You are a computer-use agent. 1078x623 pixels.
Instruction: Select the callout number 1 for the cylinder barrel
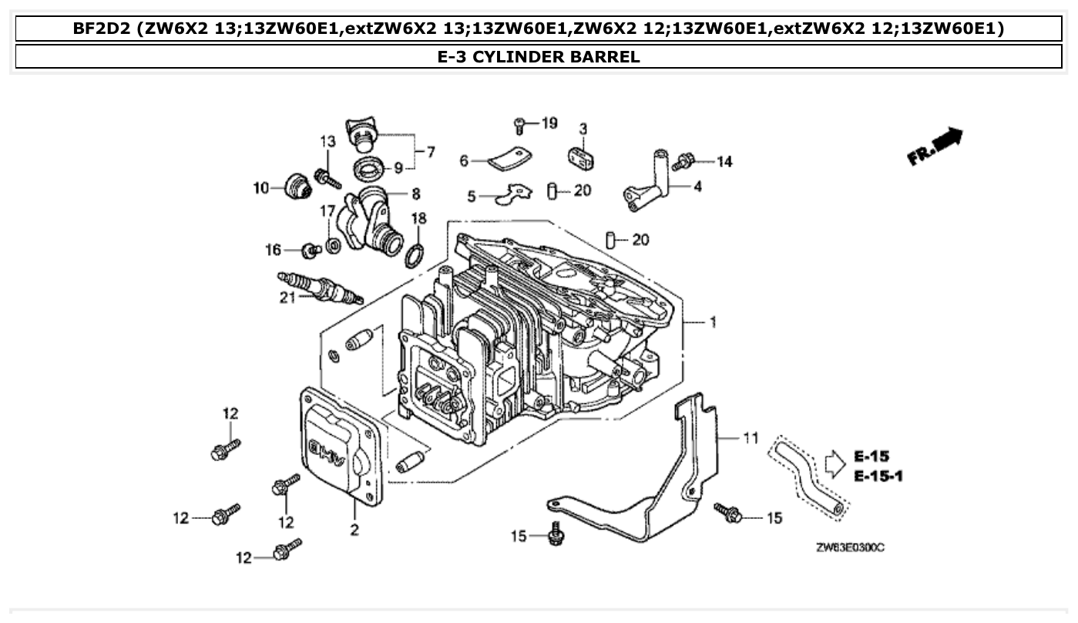[713, 322]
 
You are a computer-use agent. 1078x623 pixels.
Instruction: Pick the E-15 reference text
[871, 456]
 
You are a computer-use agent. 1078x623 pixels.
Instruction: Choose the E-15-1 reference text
[878, 477]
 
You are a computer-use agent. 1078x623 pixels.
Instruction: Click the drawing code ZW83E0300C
[850, 547]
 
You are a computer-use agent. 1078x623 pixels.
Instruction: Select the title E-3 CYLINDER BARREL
[539, 56]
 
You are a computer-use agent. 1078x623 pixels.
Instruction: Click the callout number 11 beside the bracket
[750, 438]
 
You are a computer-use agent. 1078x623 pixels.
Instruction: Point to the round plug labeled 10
[297, 186]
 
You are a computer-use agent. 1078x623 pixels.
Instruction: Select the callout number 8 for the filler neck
[415, 194]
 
